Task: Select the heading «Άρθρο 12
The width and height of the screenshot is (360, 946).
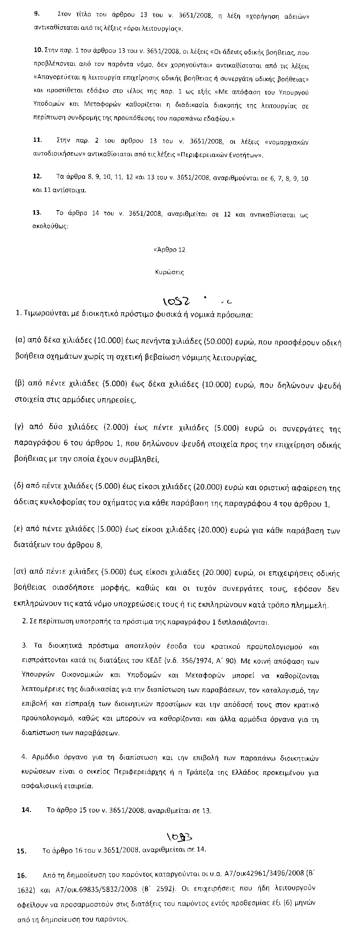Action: point(169,250)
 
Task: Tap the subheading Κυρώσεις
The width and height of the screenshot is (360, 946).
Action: point(169,273)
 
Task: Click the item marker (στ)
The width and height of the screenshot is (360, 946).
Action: point(20,573)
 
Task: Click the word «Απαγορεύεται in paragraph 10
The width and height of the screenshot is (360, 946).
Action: point(54,78)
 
